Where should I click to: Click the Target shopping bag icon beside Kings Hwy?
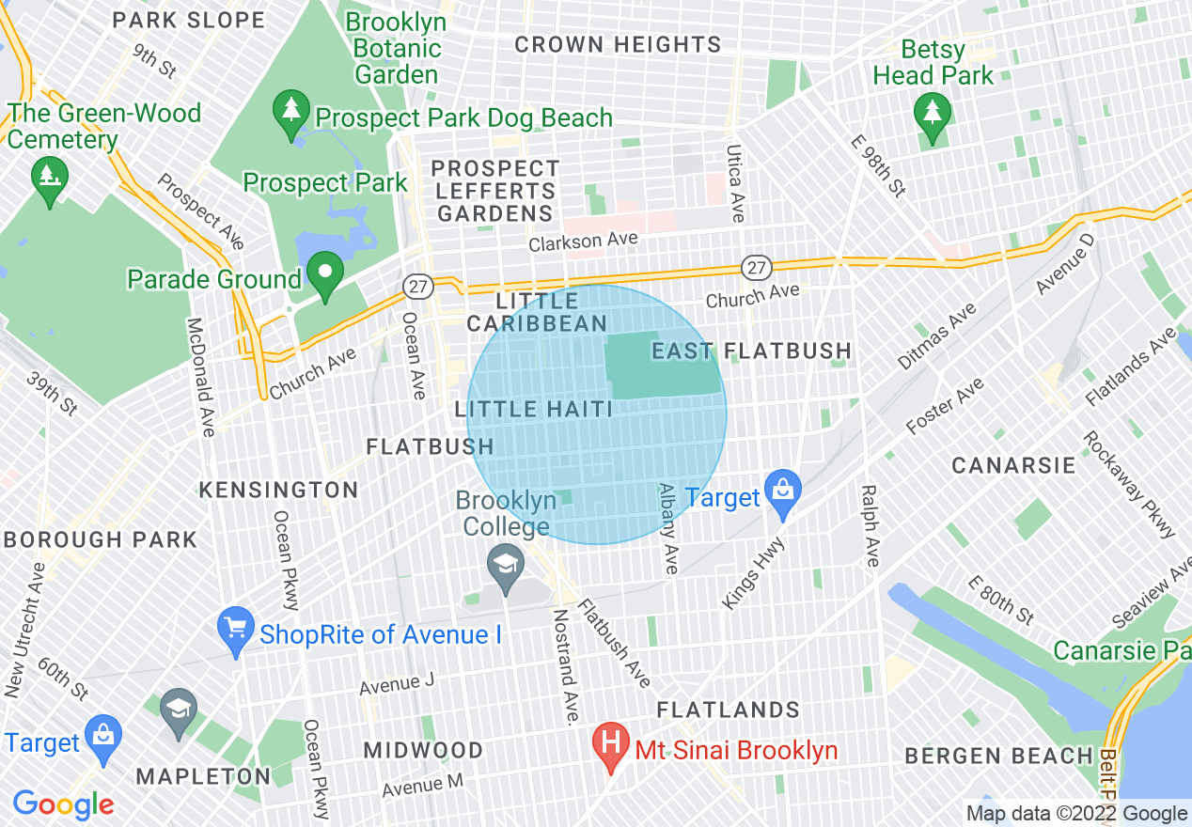tap(782, 492)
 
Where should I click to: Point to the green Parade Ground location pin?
tap(325, 274)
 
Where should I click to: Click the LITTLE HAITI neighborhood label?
tap(534, 409)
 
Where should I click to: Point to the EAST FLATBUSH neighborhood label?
tap(752, 351)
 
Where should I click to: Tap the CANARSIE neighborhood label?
tap(1013, 465)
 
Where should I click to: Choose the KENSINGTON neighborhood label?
tap(278, 490)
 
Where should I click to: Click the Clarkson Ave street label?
tap(583, 242)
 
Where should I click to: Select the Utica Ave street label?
tap(736, 184)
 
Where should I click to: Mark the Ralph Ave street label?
tap(870, 525)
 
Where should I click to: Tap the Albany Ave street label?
tap(668, 528)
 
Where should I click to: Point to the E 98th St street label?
tap(878, 166)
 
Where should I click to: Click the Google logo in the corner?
tap(63, 804)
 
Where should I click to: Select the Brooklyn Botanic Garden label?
tap(398, 48)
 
